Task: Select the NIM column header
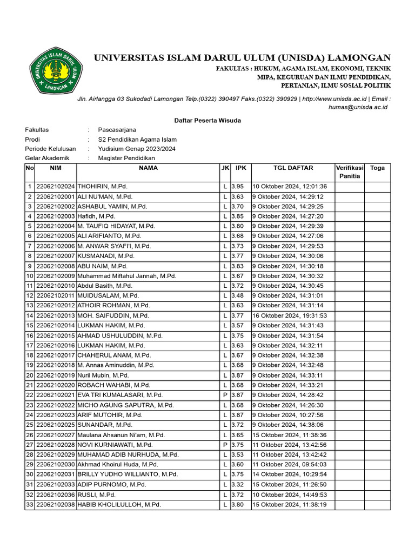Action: [x=56, y=168]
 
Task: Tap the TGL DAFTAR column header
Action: [x=293, y=168]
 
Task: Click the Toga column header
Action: [x=377, y=168]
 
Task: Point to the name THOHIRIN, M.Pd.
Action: [x=103, y=187]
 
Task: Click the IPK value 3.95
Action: [x=238, y=187]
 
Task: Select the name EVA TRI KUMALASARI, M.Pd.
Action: [x=120, y=395]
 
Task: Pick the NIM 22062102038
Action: [x=56, y=505]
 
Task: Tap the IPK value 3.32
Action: [x=238, y=485]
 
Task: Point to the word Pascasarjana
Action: [x=117, y=130]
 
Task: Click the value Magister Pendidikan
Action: [x=126, y=158]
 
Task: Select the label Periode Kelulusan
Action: [x=50, y=149]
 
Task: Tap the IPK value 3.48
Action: [x=238, y=296]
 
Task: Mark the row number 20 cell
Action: [x=29, y=375]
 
